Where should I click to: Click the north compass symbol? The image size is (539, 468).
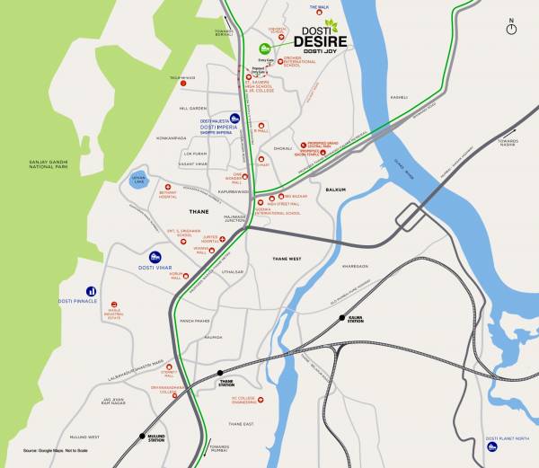(x=511, y=27)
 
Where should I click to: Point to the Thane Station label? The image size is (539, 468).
(x=226, y=382)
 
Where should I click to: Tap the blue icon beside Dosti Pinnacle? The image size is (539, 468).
(x=91, y=291)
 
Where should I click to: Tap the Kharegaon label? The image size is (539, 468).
(x=356, y=266)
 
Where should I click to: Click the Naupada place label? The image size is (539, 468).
(x=213, y=337)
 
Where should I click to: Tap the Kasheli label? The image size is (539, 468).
(x=399, y=96)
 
